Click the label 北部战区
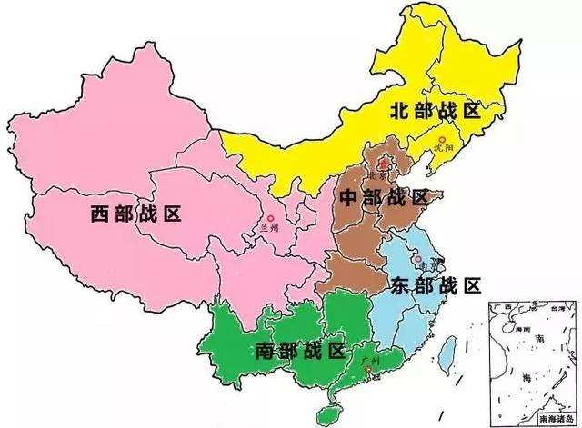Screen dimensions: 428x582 coord(433,111)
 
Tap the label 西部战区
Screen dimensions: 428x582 coord(136,214)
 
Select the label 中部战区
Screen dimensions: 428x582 coord(382,198)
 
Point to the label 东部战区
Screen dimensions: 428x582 coord(436,285)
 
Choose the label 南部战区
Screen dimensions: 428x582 coord(300,351)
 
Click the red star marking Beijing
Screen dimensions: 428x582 coord(383,164)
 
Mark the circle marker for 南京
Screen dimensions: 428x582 coord(417,260)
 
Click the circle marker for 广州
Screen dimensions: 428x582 coord(363,370)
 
